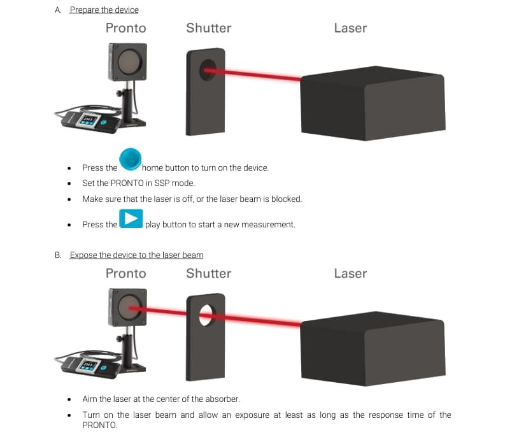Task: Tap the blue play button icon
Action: coord(131,218)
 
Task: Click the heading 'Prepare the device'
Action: coord(104,10)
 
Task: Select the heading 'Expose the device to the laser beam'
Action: coord(136,255)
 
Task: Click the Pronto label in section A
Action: coord(125,28)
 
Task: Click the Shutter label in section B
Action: coord(208,273)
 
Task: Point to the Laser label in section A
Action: coord(350,28)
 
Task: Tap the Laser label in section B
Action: coord(350,273)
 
